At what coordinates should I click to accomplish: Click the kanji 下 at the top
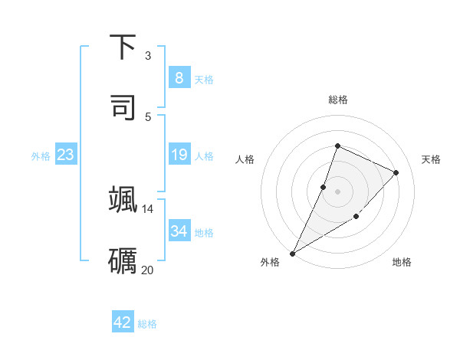123,48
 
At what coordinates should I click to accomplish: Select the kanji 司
123,108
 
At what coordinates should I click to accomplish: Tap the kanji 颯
123,199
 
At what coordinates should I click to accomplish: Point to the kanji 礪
123,260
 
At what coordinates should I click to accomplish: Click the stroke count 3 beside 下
148,56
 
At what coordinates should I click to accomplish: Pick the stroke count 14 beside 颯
148,208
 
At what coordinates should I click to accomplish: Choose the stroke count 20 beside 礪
148,270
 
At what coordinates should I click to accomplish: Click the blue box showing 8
179,78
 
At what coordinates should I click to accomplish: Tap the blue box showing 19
179,155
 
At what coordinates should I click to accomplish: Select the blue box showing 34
179,231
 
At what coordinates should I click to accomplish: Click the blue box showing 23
66,155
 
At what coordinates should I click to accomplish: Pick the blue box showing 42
123,322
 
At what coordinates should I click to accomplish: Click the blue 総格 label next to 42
147,324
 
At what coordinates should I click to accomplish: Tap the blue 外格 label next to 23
41,156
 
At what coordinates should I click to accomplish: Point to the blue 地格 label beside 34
204,232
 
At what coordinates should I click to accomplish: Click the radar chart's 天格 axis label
431,159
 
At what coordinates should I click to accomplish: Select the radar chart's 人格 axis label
245,159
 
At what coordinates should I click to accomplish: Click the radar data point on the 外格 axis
293,253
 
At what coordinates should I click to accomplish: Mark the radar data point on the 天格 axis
396,172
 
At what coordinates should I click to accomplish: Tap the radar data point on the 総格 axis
337,146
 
